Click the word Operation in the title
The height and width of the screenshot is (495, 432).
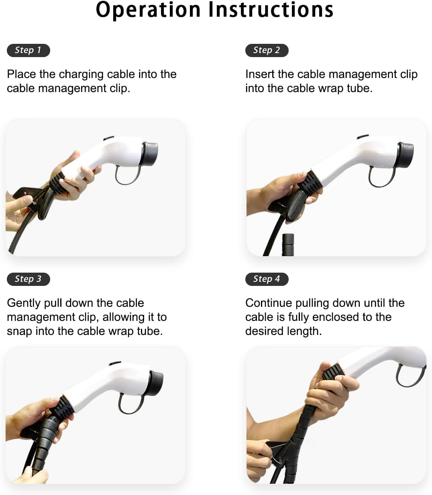tap(148, 10)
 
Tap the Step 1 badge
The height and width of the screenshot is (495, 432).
tap(29, 50)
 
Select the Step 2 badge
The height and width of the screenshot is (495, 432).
tap(267, 50)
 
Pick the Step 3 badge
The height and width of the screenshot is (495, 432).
tap(29, 279)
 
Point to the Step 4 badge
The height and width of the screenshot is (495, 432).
tap(267, 279)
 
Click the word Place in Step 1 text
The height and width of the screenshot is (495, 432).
tap(21, 74)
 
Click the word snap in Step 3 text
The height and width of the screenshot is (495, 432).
tap(19, 332)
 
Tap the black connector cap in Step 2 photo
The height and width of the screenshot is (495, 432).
tap(406, 155)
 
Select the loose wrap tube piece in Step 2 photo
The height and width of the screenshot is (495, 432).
tap(288, 244)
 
